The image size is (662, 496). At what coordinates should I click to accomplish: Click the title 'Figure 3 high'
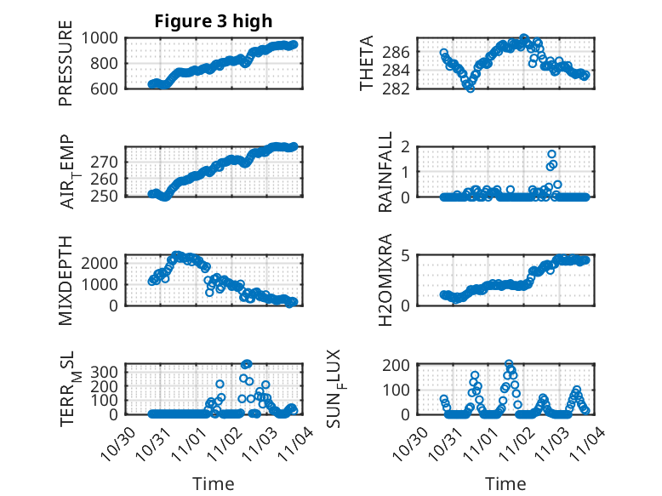[213, 21]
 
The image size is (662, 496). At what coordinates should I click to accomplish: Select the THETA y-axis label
[367, 64]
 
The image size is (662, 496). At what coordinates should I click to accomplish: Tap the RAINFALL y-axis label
[385, 172]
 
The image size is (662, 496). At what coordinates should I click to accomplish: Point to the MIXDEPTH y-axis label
[66, 280]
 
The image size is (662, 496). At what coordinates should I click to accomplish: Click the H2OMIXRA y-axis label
[385, 280]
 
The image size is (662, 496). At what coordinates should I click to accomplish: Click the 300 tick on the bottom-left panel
[109, 372]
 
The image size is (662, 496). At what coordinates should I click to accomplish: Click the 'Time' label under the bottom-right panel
[505, 483]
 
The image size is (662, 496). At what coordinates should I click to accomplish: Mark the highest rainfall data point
[552, 155]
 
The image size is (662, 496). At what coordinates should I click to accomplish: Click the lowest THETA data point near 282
[470, 88]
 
